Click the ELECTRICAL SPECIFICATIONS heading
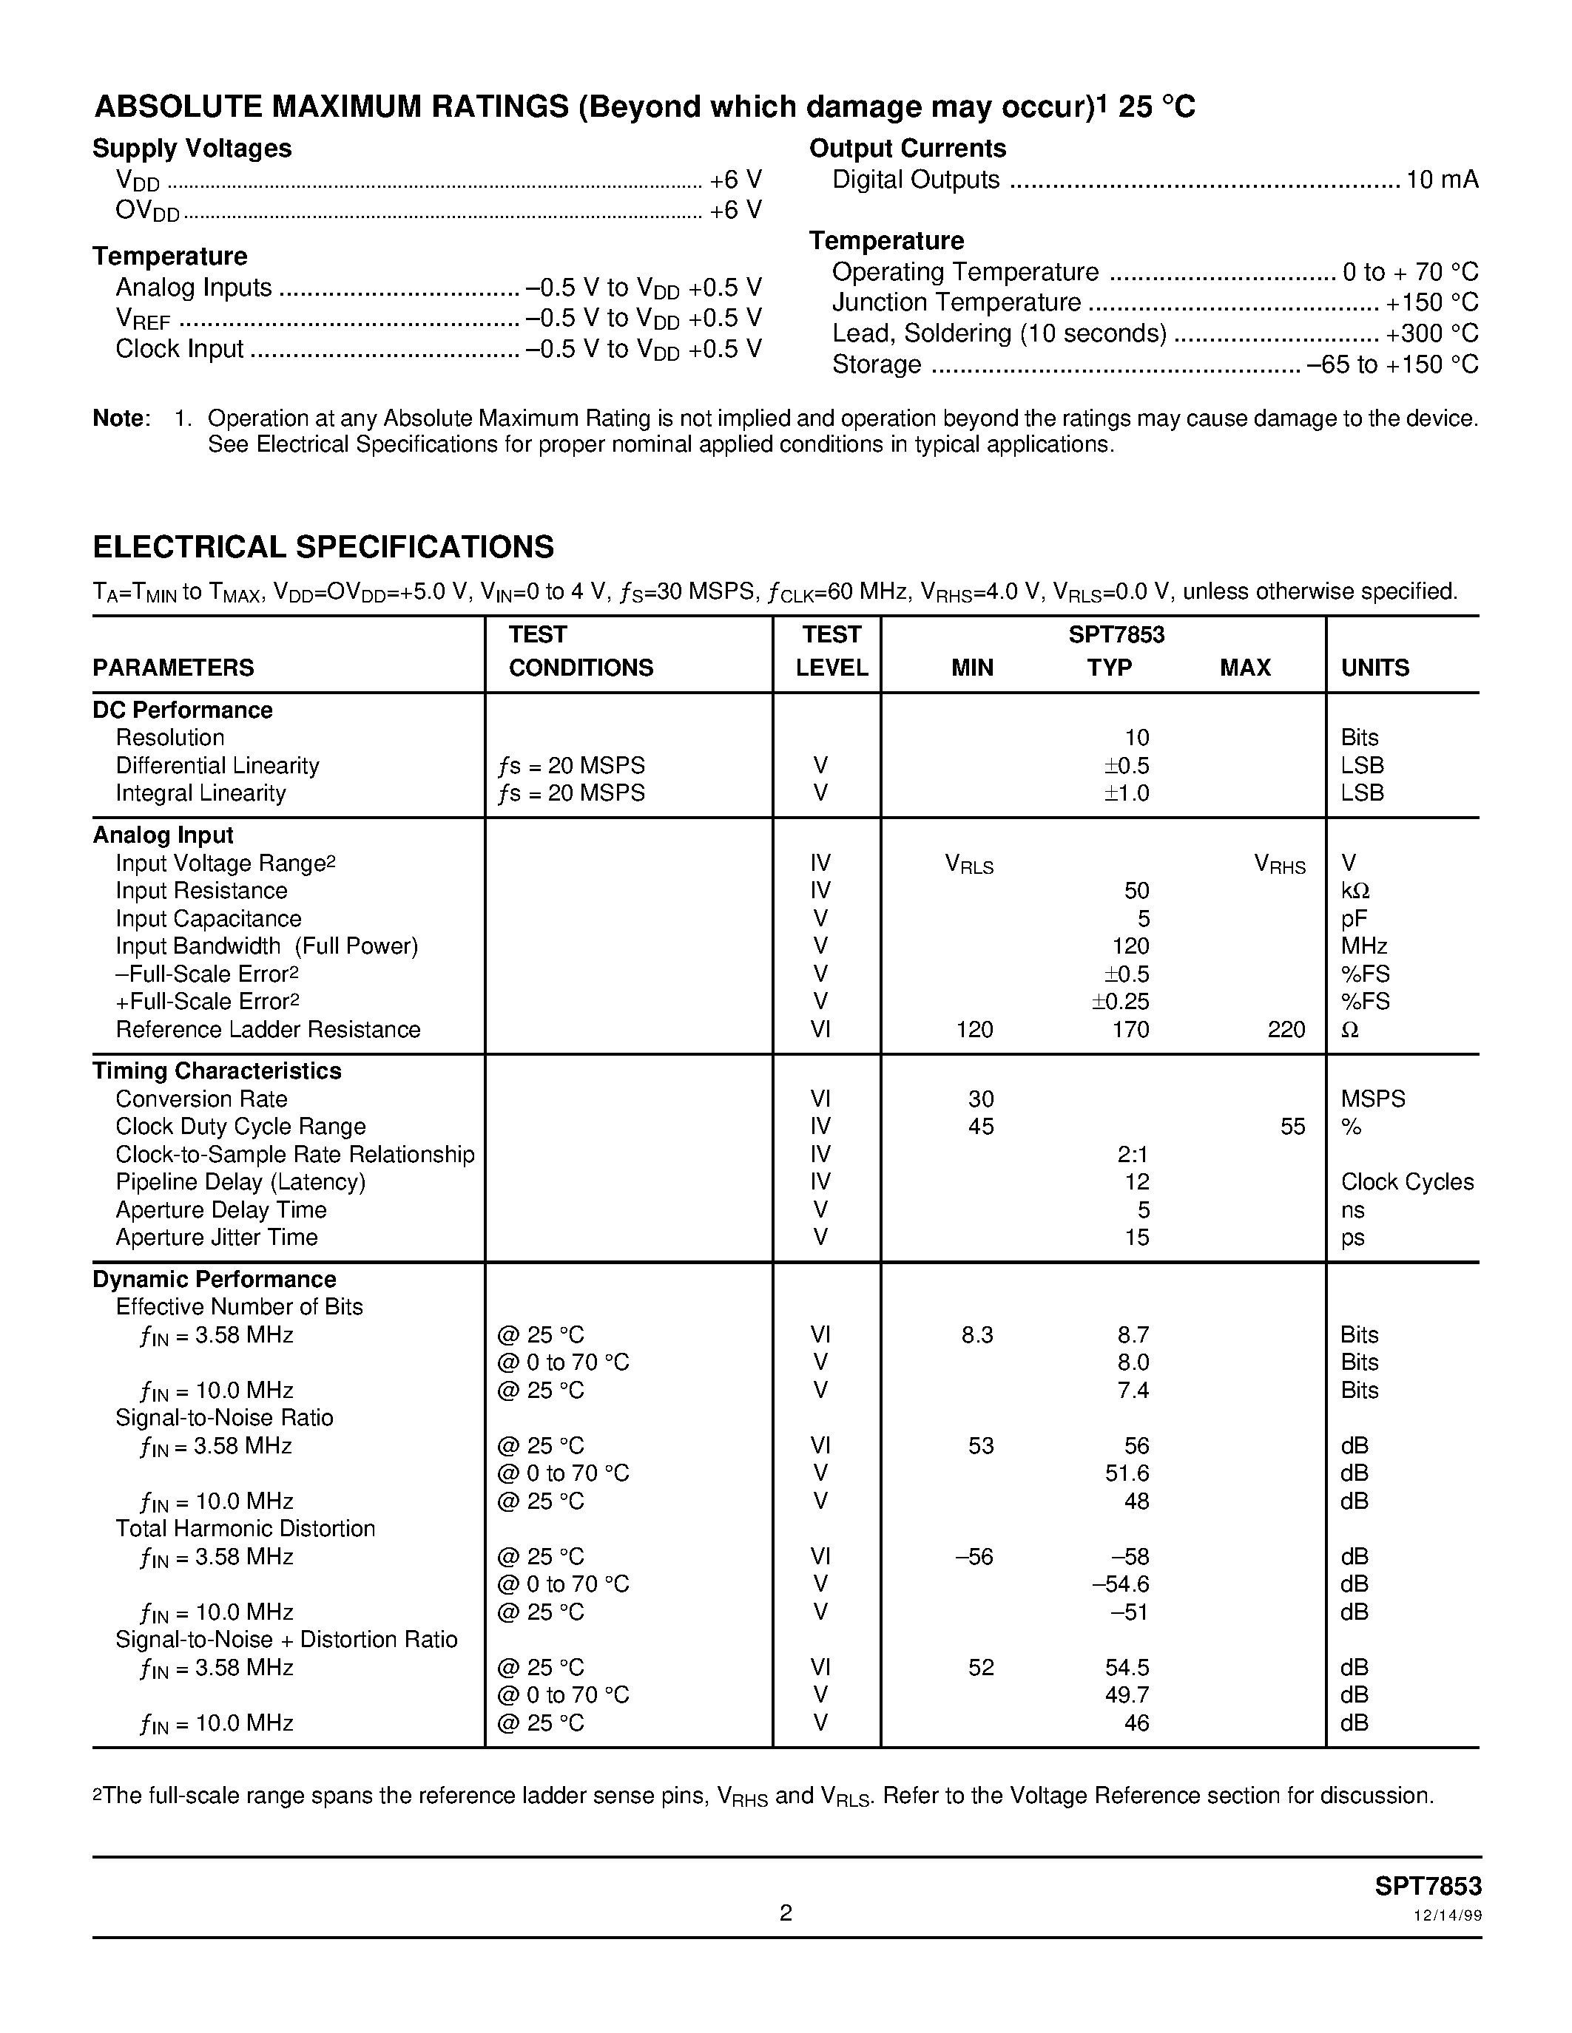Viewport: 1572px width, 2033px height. click(x=323, y=546)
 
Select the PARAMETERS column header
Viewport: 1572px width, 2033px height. click(x=173, y=668)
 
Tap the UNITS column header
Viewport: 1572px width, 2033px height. click(x=1374, y=668)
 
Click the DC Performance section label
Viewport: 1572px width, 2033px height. click(x=183, y=710)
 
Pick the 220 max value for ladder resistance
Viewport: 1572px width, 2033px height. click(x=1286, y=1030)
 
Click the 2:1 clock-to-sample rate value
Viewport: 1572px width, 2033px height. click(x=1133, y=1154)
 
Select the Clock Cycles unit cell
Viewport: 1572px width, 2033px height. click(x=1407, y=1182)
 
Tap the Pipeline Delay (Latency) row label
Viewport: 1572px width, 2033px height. click(x=240, y=1182)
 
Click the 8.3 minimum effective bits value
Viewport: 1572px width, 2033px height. click(x=977, y=1335)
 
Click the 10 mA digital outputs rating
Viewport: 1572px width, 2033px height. click(x=1442, y=180)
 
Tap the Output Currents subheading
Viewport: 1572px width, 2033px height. click(x=907, y=148)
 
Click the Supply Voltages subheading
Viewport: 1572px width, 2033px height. click(x=192, y=148)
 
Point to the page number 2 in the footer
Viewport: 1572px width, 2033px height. click(x=786, y=1912)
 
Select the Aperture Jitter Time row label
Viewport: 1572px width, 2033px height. click(x=216, y=1237)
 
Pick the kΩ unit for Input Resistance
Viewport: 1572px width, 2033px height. click(x=1355, y=891)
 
